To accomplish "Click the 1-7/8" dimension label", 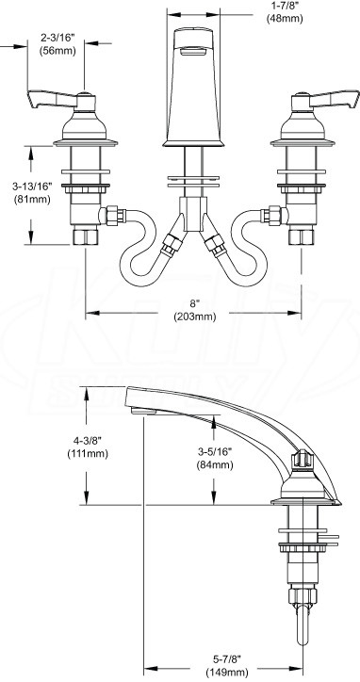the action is pyautogui.click(x=285, y=7).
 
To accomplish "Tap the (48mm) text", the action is pyautogui.click(x=285, y=19).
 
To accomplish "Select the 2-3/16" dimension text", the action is pyautogui.click(x=57, y=39).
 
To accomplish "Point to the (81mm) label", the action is pyautogui.click(x=32, y=200).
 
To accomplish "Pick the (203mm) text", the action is pyautogui.click(x=194, y=317).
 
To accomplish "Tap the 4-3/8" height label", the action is pyautogui.click(x=88, y=442).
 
